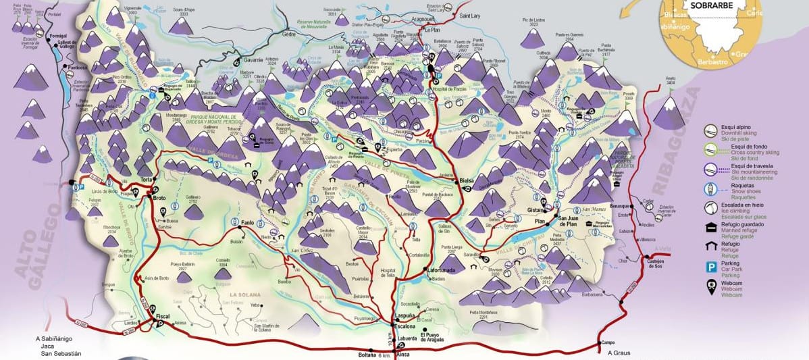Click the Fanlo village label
click(247, 222)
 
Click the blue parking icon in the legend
click(711, 267)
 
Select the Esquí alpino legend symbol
click(711, 132)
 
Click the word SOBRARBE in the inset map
click(707, 6)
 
